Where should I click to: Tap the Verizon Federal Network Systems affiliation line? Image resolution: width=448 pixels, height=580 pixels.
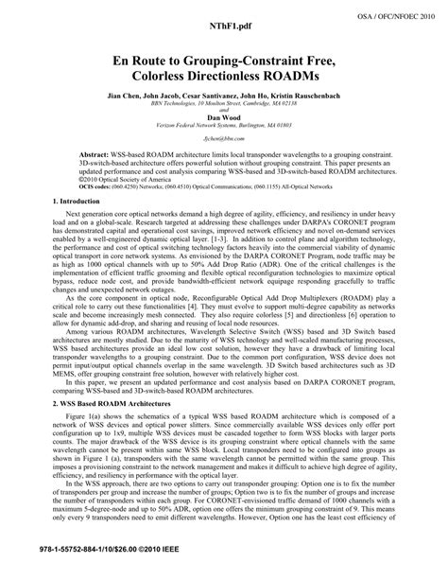(224, 137)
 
